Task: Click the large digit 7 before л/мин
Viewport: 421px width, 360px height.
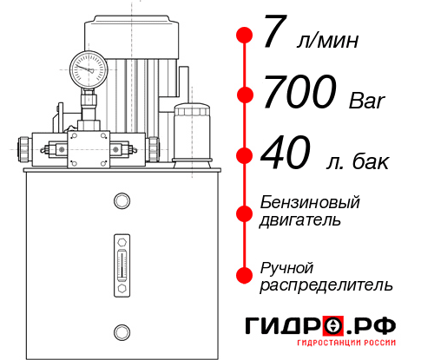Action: coord(274,36)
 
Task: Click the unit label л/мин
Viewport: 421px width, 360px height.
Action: coord(326,41)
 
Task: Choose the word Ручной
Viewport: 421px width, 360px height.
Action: coord(287,266)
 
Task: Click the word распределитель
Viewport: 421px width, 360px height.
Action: coord(326,284)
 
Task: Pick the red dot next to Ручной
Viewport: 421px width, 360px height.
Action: coord(245,274)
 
